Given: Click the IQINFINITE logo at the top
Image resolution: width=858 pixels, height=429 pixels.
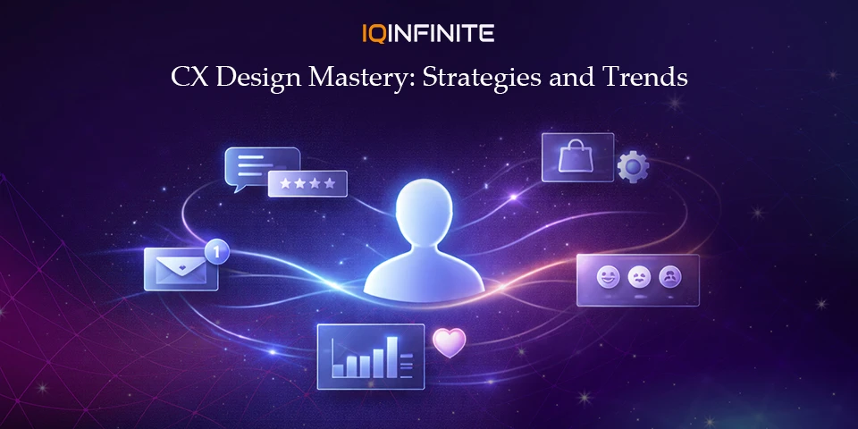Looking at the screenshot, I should [428, 34].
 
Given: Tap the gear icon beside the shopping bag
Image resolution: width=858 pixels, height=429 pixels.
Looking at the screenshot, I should [633, 166].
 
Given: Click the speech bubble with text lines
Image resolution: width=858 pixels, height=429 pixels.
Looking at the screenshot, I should [260, 166].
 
